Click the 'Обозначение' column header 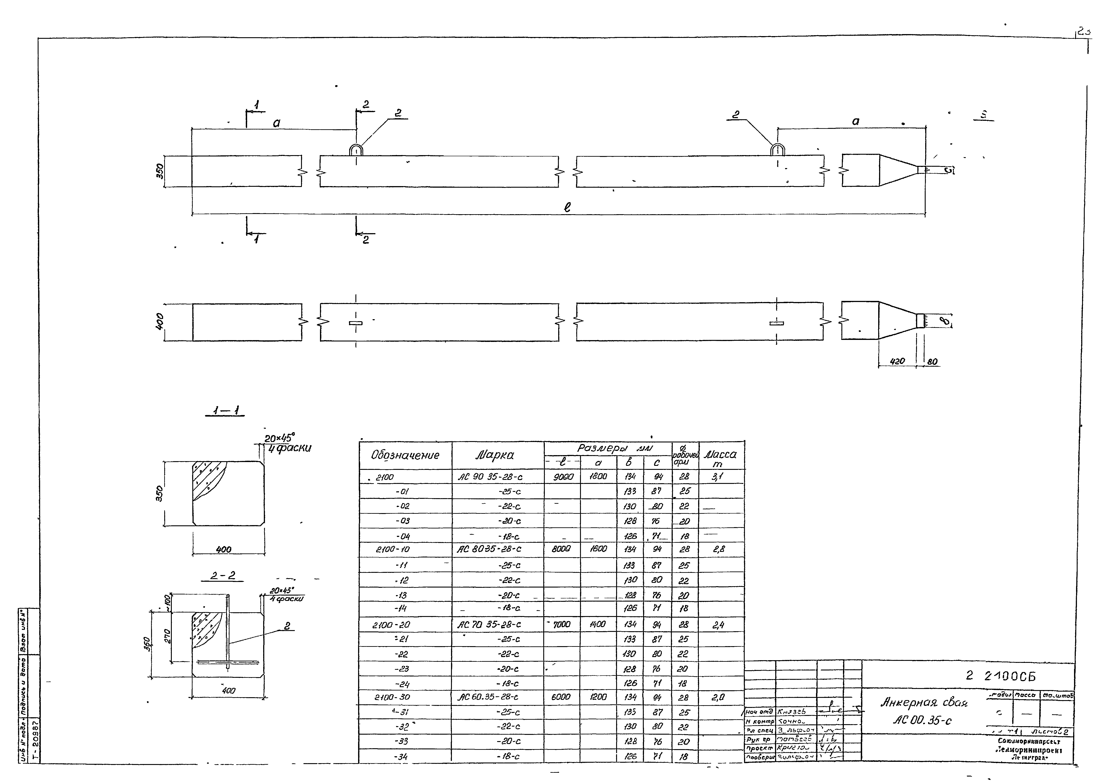pyautogui.click(x=405, y=455)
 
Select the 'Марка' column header pyautogui.click(x=494, y=455)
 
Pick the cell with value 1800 pyautogui.click(x=598, y=477)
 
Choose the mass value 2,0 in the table pyautogui.click(x=718, y=697)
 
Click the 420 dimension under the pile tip pyautogui.click(x=896, y=361)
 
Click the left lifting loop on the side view pyautogui.click(x=356, y=150)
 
